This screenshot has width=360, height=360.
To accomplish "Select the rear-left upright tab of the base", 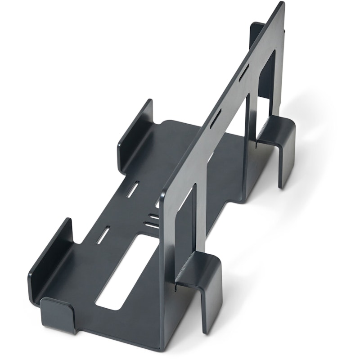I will click(135, 135).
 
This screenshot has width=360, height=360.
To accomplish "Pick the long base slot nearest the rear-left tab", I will click(134, 189).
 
